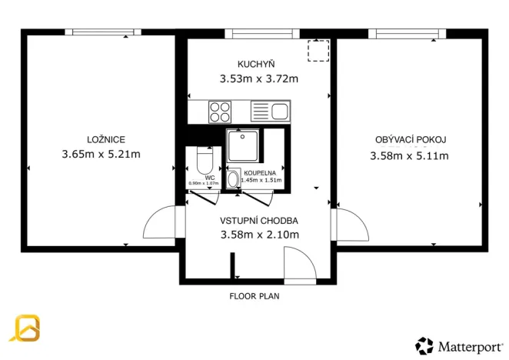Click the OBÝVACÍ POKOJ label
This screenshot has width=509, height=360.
pyautogui.click(x=411, y=139)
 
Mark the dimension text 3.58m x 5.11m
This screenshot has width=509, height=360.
pyautogui.click(x=411, y=155)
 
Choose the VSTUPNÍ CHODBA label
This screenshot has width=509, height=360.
pyautogui.click(x=259, y=220)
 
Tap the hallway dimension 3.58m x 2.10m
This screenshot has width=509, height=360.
pyautogui.click(x=259, y=235)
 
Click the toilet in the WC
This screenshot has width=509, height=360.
pyautogui.click(x=204, y=161)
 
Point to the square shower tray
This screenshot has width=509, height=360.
pyautogui.click(x=243, y=145)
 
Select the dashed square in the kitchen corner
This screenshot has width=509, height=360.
pyautogui.click(x=317, y=51)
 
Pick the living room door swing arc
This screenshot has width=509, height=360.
pyautogui.click(x=351, y=226)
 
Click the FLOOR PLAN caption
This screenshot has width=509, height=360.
pyautogui.click(x=254, y=295)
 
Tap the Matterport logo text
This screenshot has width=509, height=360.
pyautogui.click(x=468, y=345)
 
